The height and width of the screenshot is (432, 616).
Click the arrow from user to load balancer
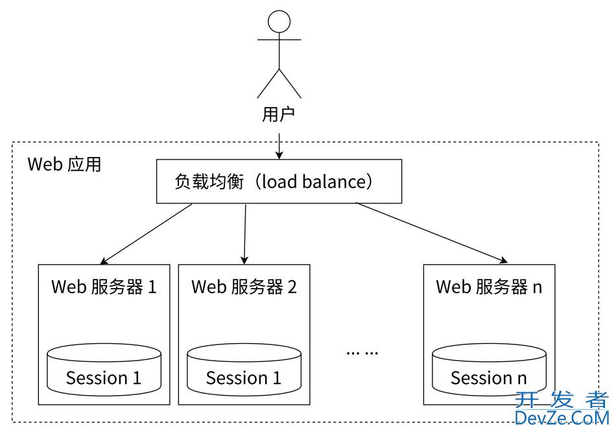click(279, 145)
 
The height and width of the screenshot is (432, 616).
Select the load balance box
click(279, 182)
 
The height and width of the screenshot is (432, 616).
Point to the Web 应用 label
click(64, 164)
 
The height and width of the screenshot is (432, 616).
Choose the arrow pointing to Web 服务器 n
click(431, 234)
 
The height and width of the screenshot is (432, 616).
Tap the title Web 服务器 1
click(104, 287)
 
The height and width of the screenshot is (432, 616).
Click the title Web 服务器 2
click(244, 287)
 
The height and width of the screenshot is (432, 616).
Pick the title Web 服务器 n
click(488, 287)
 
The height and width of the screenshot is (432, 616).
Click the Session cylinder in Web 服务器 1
click(104, 370)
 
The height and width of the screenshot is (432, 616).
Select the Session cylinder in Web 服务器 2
click(244, 370)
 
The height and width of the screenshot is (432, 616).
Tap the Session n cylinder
click(488, 370)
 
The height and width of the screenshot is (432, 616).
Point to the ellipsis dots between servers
click(362, 353)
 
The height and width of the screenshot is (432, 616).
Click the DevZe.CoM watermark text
click(562, 418)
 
